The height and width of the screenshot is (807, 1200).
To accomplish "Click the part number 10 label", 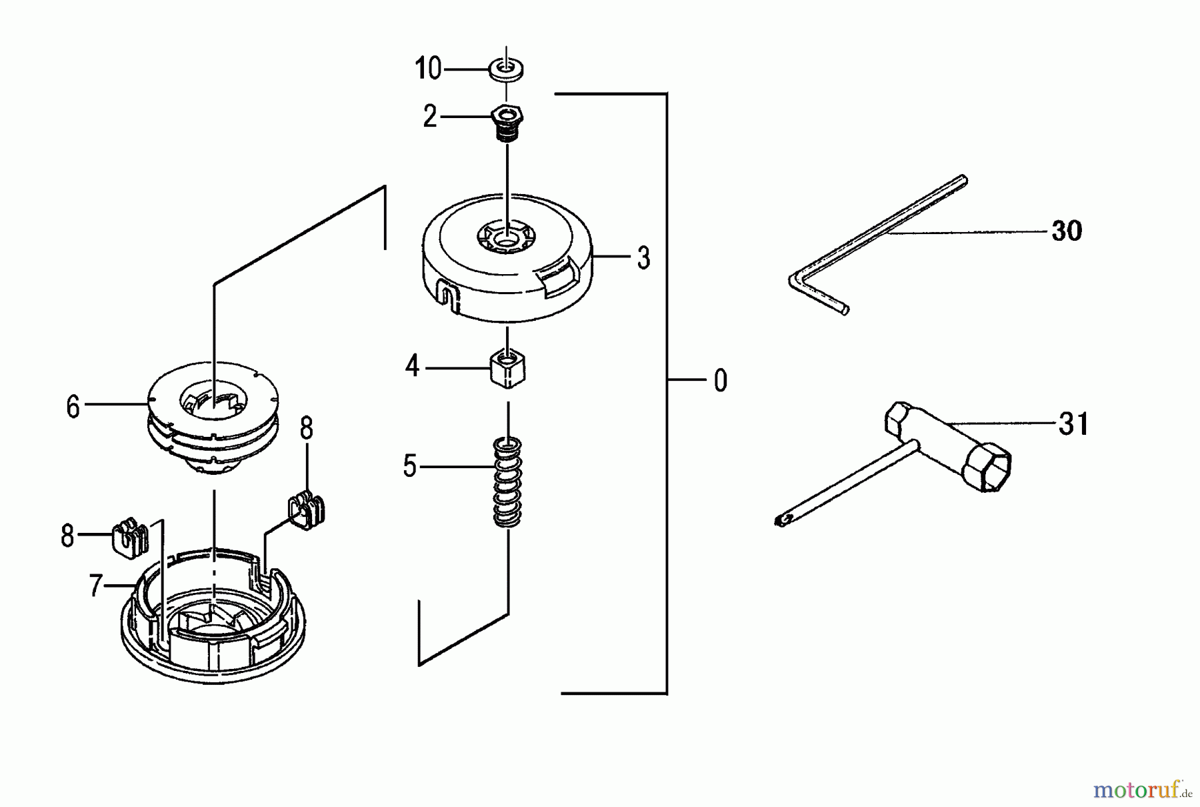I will pyautogui.click(x=428, y=69).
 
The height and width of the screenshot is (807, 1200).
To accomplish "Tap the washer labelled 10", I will pyautogui.click(x=507, y=69).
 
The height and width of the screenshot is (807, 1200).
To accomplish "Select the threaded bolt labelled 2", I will pyautogui.click(x=507, y=123).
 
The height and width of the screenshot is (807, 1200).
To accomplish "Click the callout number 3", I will pyautogui.click(x=643, y=257).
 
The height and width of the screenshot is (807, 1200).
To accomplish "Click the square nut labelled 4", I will pyautogui.click(x=508, y=369).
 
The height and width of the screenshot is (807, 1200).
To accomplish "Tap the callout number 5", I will pyautogui.click(x=409, y=466).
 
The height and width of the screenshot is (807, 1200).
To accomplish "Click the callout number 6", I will pyautogui.click(x=73, y=406).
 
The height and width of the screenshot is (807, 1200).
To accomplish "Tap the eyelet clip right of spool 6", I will pyautogui.click(x=307, y=509).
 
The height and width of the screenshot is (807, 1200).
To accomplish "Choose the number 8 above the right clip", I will pyautogui.click(x=306, y=430).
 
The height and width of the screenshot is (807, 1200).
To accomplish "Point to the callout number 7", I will pyautogui.click(x=95, y=586).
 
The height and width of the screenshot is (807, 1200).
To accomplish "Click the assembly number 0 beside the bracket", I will pyautogui.click(x=720, y=381).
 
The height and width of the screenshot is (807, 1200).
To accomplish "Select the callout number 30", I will pyautogui.click(x=1066, y=231).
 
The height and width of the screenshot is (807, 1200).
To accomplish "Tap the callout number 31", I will pyautogui.click(x=1073, y=424).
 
